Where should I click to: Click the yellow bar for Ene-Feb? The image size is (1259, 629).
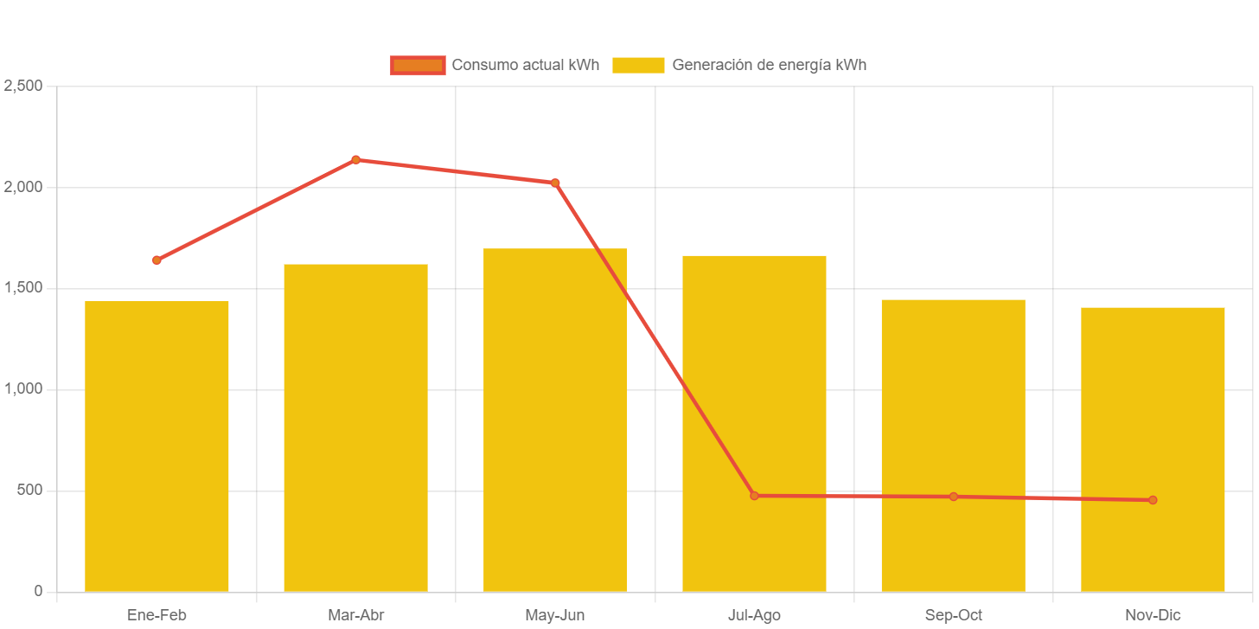coord(157,446)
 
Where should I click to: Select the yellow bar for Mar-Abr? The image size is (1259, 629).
coord(355,427)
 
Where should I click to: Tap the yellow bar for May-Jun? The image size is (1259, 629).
coord(555,420)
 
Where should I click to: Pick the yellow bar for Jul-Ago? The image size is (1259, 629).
coord(754,423)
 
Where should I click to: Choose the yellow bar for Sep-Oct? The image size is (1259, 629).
coord(953,445)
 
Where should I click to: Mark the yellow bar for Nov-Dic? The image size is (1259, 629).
coord(1153,449)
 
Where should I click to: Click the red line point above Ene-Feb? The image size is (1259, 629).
coord(157,260)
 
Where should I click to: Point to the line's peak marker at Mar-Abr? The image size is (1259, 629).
coord(355,159)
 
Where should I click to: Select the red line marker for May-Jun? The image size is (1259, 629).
coord(555,183)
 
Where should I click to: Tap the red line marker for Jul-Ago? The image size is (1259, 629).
coord(754,496)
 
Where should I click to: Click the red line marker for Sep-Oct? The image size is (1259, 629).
coord(953,497)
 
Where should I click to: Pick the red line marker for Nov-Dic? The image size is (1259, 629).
coord(1153,500)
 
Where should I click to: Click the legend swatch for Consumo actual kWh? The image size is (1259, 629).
coord(418,65)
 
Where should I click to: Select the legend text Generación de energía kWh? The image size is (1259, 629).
coord(769,65)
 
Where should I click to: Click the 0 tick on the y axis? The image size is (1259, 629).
coord(38,591)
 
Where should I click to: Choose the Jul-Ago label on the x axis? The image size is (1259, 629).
coord(754,615)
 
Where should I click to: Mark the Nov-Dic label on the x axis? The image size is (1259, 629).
coord(1153,615)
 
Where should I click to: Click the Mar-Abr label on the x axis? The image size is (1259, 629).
coord(355,615)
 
